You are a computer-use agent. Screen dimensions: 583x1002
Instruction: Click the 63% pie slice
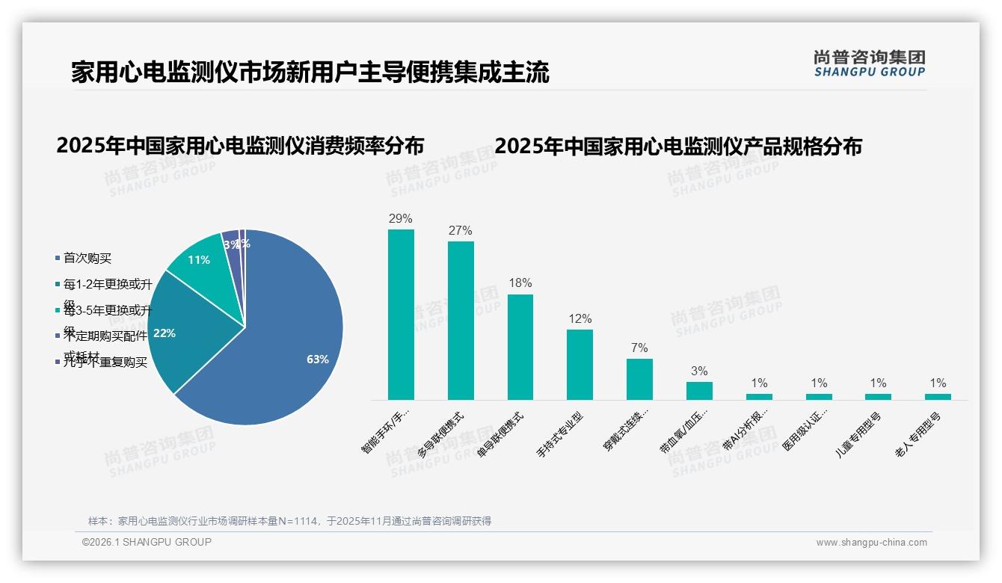292,351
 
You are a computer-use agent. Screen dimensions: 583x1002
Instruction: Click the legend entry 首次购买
87,259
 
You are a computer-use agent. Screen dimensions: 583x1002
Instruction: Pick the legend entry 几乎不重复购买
105,363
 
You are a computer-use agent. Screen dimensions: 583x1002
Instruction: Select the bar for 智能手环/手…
401,314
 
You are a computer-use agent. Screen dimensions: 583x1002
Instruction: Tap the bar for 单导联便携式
520,347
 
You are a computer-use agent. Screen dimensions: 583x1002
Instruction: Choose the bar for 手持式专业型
580,365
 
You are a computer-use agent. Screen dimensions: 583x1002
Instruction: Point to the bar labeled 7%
639,379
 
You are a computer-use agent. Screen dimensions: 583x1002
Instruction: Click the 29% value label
401,219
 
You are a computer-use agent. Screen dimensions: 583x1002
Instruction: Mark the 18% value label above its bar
520,283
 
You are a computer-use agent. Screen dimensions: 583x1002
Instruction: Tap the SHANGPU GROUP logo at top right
870,64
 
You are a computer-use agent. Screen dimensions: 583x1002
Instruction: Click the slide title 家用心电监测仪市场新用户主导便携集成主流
310,73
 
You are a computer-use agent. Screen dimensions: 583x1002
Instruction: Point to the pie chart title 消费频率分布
240,145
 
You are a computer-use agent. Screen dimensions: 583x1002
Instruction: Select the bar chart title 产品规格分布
678,146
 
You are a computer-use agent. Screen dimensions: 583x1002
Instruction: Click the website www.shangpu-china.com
871,543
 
